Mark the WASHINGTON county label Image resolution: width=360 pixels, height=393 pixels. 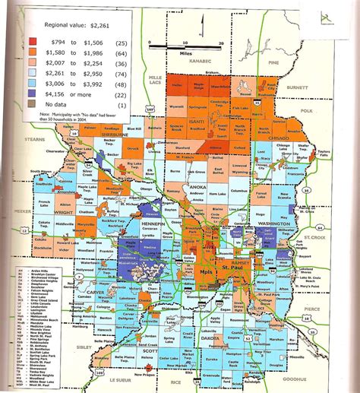(x=269, y=226)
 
